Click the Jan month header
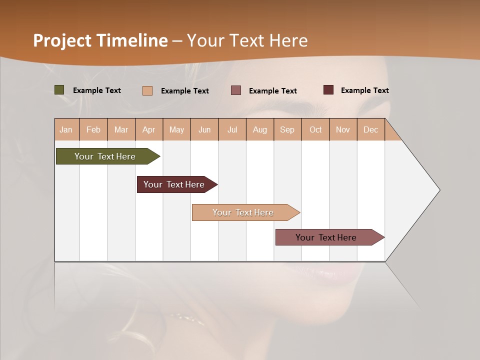tap(66, 129)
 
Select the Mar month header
tap(121, 129)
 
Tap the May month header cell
tap(176, 129)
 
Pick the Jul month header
tap(232, 129)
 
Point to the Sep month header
tap(287, 129)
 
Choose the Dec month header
tap(370, 129)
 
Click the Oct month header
tap(315, 129)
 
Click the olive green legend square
tap(59, 90)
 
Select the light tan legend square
tap(147, 90)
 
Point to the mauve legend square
tap(236, 90)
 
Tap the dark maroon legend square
tap(328, 90)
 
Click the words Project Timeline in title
tap(100, 40)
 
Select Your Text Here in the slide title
tap(247, 40)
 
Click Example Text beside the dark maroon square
tap(364, 90)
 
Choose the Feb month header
tap(93, 129)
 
